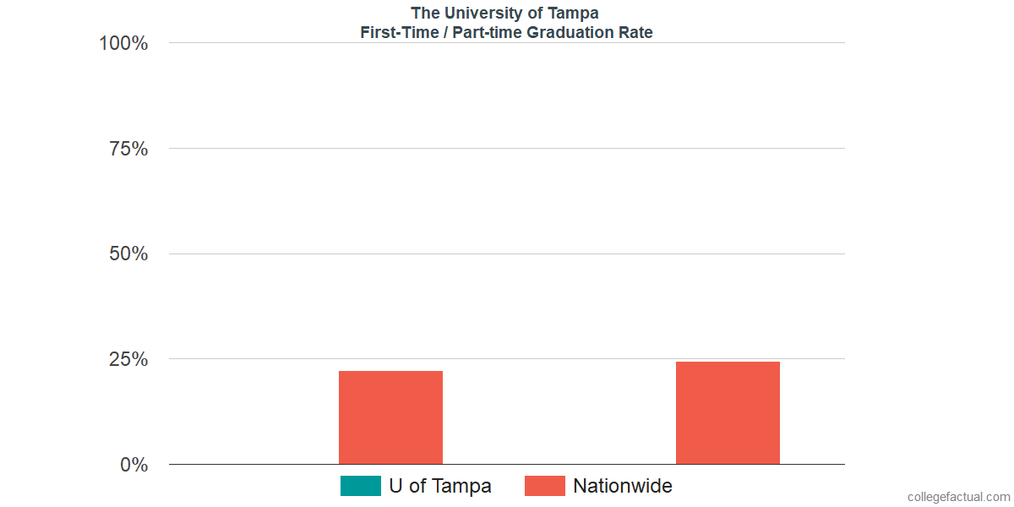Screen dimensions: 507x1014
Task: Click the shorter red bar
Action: pos(390,417)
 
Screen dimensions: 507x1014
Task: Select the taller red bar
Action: pos(728,412)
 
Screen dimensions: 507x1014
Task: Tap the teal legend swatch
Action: pos(360,486)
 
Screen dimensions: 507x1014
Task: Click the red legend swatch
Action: pos(544,486)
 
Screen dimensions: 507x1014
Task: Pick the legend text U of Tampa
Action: pos(439,486)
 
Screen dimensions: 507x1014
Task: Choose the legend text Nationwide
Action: pos(622,486)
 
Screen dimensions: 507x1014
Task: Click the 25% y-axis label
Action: pos(128,359)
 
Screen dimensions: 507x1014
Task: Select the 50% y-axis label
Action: pos(128,253)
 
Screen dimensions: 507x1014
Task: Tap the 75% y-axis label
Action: pos(128,149)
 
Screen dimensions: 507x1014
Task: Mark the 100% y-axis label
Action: pos(123,43)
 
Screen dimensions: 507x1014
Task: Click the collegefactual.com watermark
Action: pos(958,497)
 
